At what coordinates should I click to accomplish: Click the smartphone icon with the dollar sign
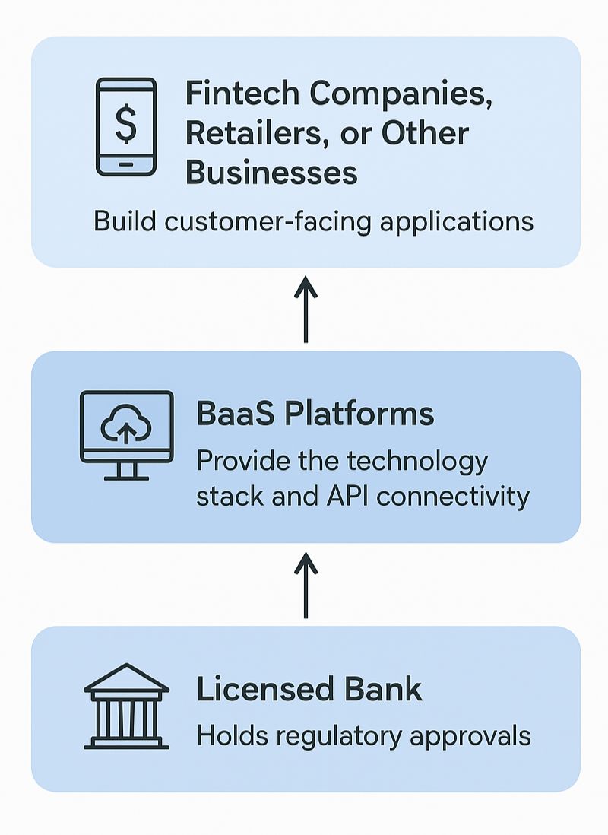pyautogui.click(x=125, y=127)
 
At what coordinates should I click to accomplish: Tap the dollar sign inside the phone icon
pyautogui.click(x=125, y=123)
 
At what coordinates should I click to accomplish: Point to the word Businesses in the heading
pyautogui.click(x=271, y=172)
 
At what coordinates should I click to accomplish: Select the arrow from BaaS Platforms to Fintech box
pyautogui.click(x=306, y=310)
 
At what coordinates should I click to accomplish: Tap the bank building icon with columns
pyautogui.click(x=126, y=706)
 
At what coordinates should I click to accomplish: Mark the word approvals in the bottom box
pyautogui.click(x=472, y=736)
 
